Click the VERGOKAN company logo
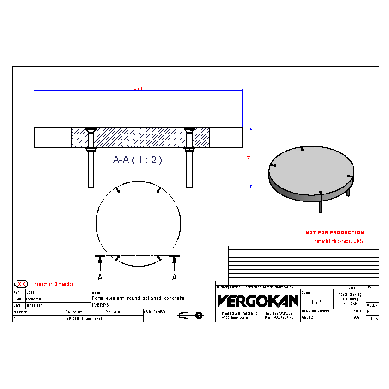click(x=258, y=301)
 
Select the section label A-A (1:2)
click(x=138, y=160)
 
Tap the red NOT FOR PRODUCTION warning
click(x=334, y=233)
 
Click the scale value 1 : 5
click(x=317, y=303)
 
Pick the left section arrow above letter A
click(x=100, y=263)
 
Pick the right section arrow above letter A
click(x=174, y=263)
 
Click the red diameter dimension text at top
click(x=138, y=88)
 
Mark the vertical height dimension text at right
click(x=249, y=158)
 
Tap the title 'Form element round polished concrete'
click(x=138, y=298)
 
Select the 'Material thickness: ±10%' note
click(x=339, y=241)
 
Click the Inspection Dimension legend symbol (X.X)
click(x=21, y=284)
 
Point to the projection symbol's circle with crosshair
click(x=199, y=316)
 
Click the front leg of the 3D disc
click(x=320, y=203)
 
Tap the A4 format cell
click(x=356, y=318)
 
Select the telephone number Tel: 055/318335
click(x=279, y=313)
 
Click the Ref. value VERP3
click(x=32, y=292)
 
